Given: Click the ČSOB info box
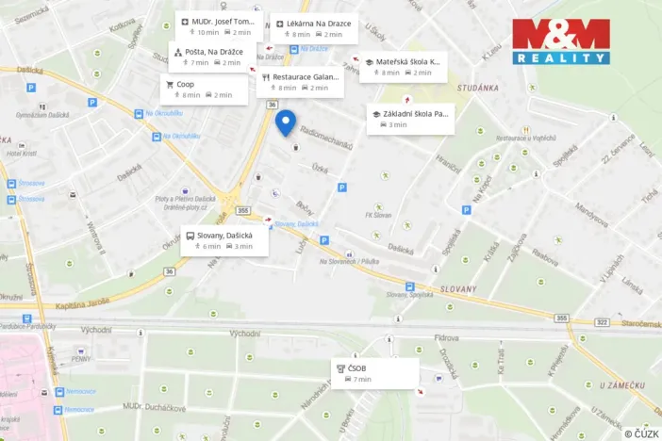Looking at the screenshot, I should (x=374, y=373).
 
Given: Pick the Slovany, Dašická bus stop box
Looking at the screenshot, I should (x=225, y=240).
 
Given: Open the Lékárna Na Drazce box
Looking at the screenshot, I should (x=313, y=28).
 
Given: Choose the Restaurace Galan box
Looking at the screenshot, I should (x=300, y=82).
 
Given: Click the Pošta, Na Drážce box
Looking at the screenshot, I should (x=210, y=57).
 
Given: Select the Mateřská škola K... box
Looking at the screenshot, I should (x=401, y=67).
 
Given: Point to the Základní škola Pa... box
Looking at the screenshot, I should (x=410, y=119).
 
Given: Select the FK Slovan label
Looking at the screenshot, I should (x=383, y=215).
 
